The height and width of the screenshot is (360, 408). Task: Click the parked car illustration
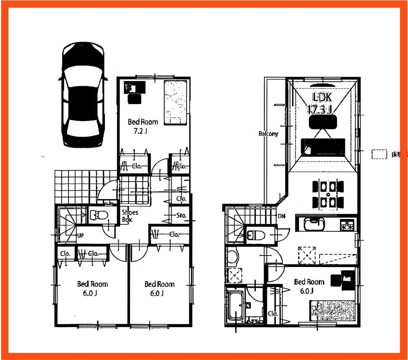[x=82, y=96]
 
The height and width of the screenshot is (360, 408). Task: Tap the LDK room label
[x=323, y=98]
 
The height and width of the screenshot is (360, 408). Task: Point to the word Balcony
[x=268, y=133]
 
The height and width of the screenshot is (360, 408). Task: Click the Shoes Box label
[x=130, y=216]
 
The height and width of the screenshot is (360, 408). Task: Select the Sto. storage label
[x=182, y=215]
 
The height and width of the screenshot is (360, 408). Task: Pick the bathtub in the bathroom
[x=234, y=307]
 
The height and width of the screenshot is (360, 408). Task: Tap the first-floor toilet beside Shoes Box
[x=97, y=215]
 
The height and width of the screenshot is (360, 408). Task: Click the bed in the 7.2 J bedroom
[x=176, y=102]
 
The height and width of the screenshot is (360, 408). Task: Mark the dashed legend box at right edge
[x=379, y=154]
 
